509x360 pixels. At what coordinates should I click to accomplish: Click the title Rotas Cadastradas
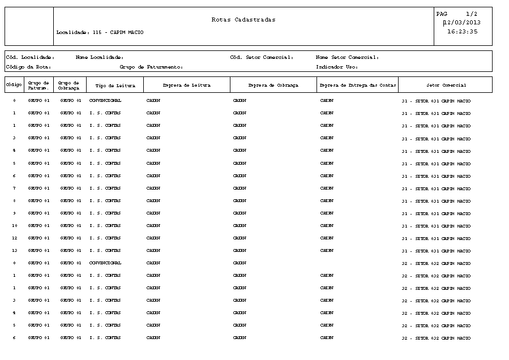[243, 20]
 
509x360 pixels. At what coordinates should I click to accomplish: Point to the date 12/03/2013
[463, 23]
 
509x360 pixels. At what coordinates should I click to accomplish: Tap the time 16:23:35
[463, 32]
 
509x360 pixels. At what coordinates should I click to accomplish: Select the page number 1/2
[472, 14]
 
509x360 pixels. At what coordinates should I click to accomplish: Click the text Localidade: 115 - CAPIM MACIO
[100, 32]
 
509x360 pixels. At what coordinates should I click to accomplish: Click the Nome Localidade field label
[100, 57]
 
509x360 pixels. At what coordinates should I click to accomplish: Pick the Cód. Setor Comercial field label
[262, 57]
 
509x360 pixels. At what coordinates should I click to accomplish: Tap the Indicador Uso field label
[337, 67]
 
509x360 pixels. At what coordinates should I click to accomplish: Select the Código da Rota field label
[28, 67]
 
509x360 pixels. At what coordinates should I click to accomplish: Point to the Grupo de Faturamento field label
[151, 67]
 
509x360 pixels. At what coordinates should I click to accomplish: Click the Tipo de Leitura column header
[115, 85]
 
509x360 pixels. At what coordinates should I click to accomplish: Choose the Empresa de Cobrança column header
[273, 85]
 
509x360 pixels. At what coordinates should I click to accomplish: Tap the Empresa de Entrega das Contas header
[358, 85]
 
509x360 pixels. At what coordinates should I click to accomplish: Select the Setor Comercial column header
[446, 85]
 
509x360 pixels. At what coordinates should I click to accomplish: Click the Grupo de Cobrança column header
[71, 85]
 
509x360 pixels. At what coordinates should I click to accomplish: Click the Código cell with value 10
[15, 226]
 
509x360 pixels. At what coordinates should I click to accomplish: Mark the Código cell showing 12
[15, 238]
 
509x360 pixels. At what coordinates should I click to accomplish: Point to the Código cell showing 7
[15, 188]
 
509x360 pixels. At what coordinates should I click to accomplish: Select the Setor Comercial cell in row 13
[436, 251]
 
